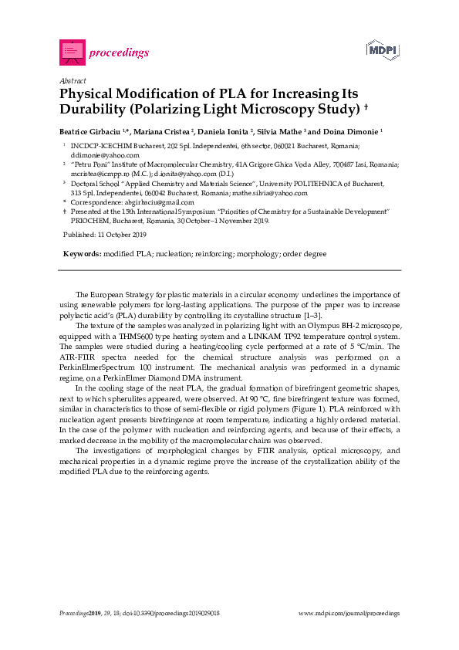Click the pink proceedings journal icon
tap(71, 52)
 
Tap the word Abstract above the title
tap(72, 80)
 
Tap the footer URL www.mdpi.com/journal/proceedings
tap(349, 613)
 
